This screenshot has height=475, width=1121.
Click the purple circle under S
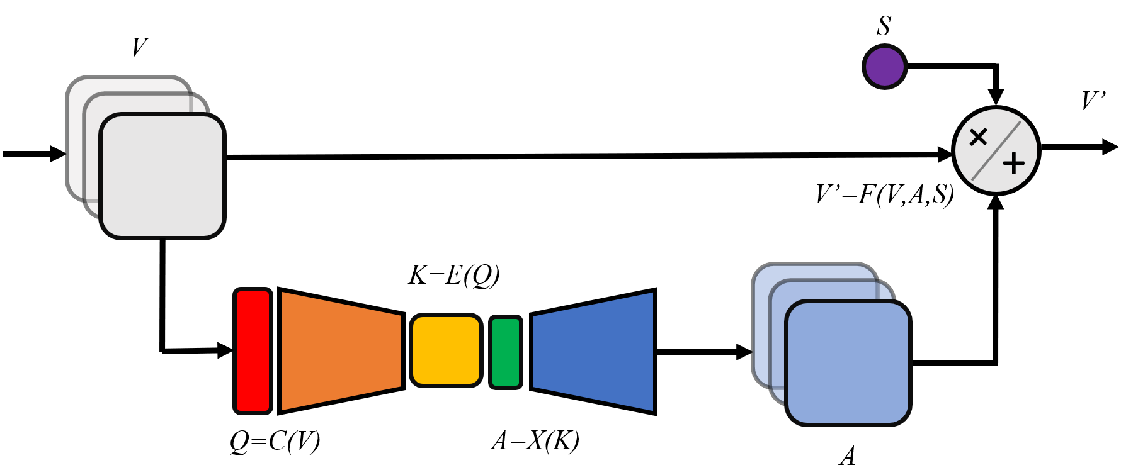884,67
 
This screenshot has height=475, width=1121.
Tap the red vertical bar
253,351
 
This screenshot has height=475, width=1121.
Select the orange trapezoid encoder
340,351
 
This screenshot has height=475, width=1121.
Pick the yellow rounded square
446,350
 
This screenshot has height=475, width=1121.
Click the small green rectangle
506,352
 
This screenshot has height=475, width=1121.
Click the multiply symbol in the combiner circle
978,137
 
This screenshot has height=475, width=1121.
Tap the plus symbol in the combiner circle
1013,164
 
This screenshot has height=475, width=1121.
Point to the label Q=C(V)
275,442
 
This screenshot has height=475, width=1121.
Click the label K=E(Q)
453,276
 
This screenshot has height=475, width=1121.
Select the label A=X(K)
535,441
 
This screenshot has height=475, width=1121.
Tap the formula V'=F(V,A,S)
884,195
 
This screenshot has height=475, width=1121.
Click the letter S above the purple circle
884,26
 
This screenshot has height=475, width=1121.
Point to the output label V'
1093,101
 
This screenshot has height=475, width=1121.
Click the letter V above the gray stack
140,47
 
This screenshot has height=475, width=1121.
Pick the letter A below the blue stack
848,455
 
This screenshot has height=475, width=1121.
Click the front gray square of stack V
162,176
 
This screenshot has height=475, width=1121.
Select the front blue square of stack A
848,363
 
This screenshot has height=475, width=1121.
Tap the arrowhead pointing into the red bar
225,350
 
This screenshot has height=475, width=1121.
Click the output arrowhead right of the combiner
1110,147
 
